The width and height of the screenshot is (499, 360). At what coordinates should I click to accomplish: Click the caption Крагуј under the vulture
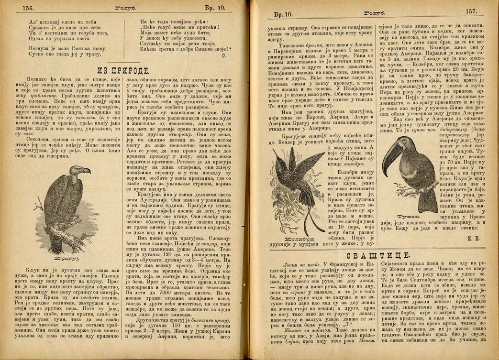point(62,259)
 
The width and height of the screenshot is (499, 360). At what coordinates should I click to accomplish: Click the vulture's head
point(78,172)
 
